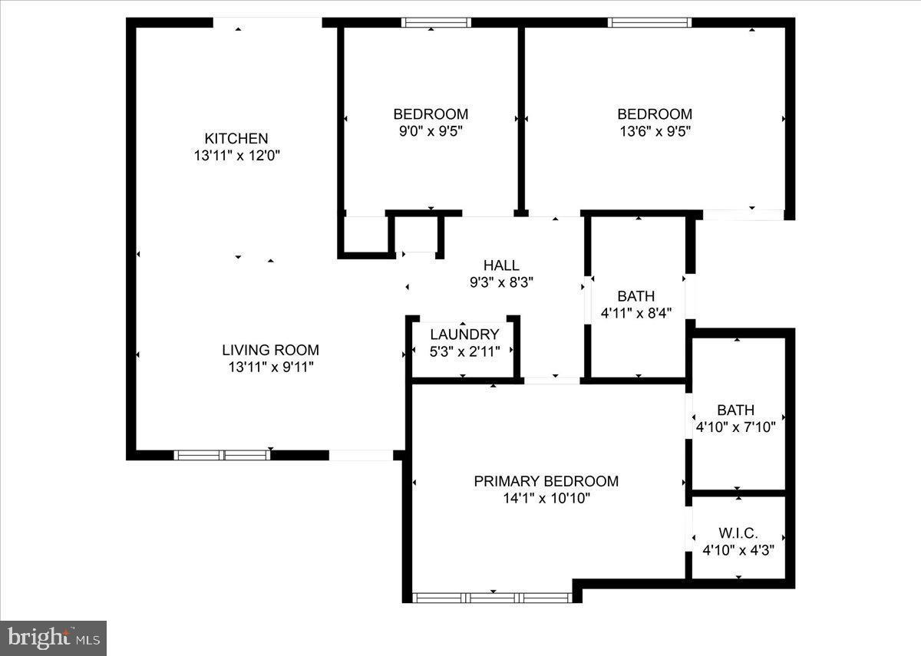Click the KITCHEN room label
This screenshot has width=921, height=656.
236,138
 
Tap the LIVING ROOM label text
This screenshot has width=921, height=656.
270,350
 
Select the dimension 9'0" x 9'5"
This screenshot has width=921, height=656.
430,130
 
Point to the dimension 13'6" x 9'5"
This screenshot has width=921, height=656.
655,130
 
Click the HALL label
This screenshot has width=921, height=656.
500,265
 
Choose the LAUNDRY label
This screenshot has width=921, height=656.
464,335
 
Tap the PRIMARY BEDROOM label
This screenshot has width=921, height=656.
546,481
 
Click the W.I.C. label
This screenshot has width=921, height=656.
738,532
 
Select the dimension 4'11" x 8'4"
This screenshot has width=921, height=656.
636,312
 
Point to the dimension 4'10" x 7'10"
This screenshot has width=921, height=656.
735,427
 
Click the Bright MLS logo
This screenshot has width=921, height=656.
53,638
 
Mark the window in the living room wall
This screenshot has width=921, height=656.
222,455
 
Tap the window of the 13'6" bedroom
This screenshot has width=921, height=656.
649,22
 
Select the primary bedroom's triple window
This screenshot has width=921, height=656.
491,598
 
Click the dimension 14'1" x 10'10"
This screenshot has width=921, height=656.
546,498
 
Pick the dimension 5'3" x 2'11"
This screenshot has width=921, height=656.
464,351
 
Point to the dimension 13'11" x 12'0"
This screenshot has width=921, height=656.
236,155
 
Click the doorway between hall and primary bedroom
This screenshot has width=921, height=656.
552,380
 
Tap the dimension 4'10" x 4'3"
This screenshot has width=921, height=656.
738,549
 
